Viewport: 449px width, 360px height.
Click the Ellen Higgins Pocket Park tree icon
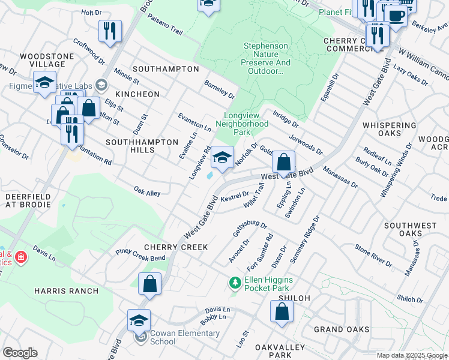(x=235, y=281)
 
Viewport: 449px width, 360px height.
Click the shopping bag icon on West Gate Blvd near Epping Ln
(x=283, y=162)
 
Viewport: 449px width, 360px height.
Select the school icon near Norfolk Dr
(x=222, y=158)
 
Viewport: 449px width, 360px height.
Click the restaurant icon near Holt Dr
(x=110, y=31)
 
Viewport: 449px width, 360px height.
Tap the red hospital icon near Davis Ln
(x=20, y=257)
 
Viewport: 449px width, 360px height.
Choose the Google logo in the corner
(x=19, y=353)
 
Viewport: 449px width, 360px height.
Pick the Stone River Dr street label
(x=373, y=255)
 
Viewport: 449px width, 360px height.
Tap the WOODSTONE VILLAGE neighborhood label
(x=42, y=60)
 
